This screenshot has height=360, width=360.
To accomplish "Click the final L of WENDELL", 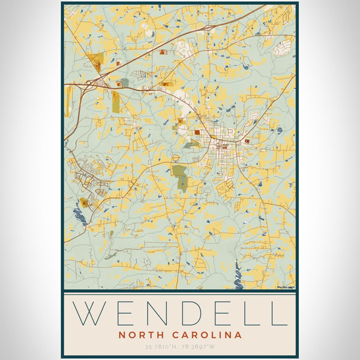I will pyautogui.click(x=278, y=313).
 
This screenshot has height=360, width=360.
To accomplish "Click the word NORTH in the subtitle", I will pyautogui.click(x=141, y=335).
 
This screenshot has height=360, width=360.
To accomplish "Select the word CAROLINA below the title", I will pyautogui.click(x=208, y=335).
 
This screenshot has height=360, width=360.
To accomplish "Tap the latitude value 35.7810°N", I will pyautogui.click(x=161, y=347).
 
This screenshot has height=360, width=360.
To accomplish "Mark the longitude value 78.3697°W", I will pyautogui.click(x=199, y=347).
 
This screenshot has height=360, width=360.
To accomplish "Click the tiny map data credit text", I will pyautogui.click(x=286, y=287).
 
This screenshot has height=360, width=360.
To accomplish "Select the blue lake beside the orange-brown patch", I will pyautogui.click(x=79, y=214).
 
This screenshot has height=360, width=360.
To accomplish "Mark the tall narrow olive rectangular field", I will pyautogui.click(x=115, y=101).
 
